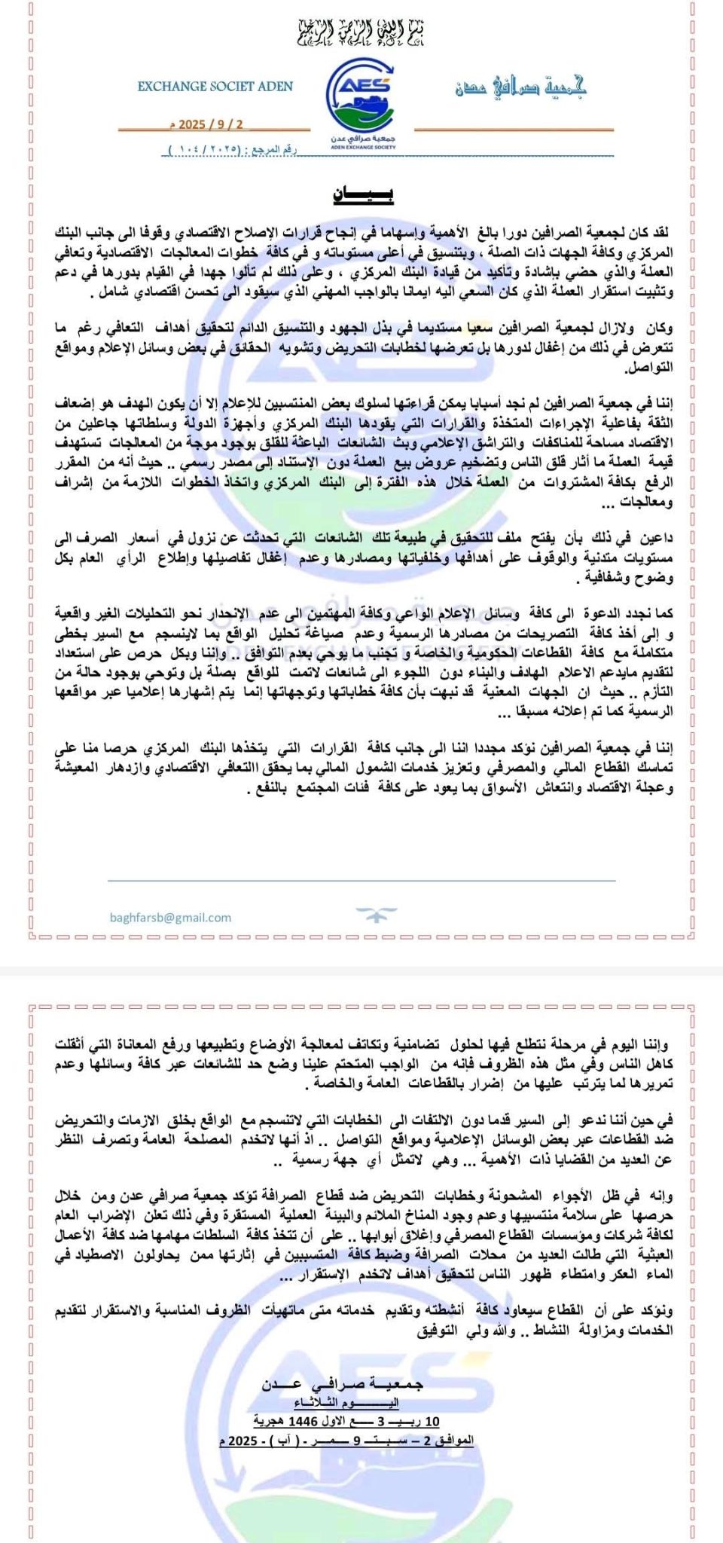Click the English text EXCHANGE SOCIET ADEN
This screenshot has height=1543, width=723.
click(x=215, y=87)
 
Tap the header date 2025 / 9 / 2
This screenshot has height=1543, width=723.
click(x=212, y=124)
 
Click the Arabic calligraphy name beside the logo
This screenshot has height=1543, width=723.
click(x=520, y=87)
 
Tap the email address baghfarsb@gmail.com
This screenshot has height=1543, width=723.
click(x=170, y=918)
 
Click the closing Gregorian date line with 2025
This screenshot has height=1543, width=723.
click(x=347, y=1441)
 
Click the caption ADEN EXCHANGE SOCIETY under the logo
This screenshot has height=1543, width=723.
click(x=362, y=148)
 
